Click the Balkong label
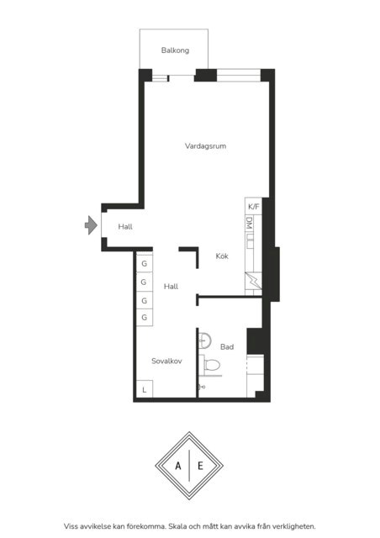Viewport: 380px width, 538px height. (x=175, y=50)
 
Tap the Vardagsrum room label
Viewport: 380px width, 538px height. (x=205, y=145)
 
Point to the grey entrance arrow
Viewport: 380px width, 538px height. (x=91, y=225)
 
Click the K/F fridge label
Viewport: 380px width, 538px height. (x=254, y=207)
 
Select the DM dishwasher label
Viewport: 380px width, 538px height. (x=250, y=223)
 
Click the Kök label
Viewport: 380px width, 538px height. (x=222, y=256)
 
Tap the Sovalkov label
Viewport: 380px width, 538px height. (x=166, y=361)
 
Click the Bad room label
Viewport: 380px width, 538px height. (x=227, y=347)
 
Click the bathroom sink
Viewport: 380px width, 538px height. (x=204, y=340)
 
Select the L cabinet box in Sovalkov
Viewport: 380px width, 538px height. (x=145, y=389)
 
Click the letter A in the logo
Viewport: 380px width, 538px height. (x=178, y=466)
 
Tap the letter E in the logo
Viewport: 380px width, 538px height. (x=200, y=466)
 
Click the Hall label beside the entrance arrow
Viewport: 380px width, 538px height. (x=125, y=226)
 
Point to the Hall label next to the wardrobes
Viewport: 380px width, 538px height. (x=171, y=287)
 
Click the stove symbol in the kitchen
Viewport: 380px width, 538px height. (x=253, y=281)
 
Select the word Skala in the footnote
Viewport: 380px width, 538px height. (x=178, y=526)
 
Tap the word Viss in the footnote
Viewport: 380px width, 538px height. (x=71, y=526)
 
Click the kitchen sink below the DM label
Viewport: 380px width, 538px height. (x=250, y=241)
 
